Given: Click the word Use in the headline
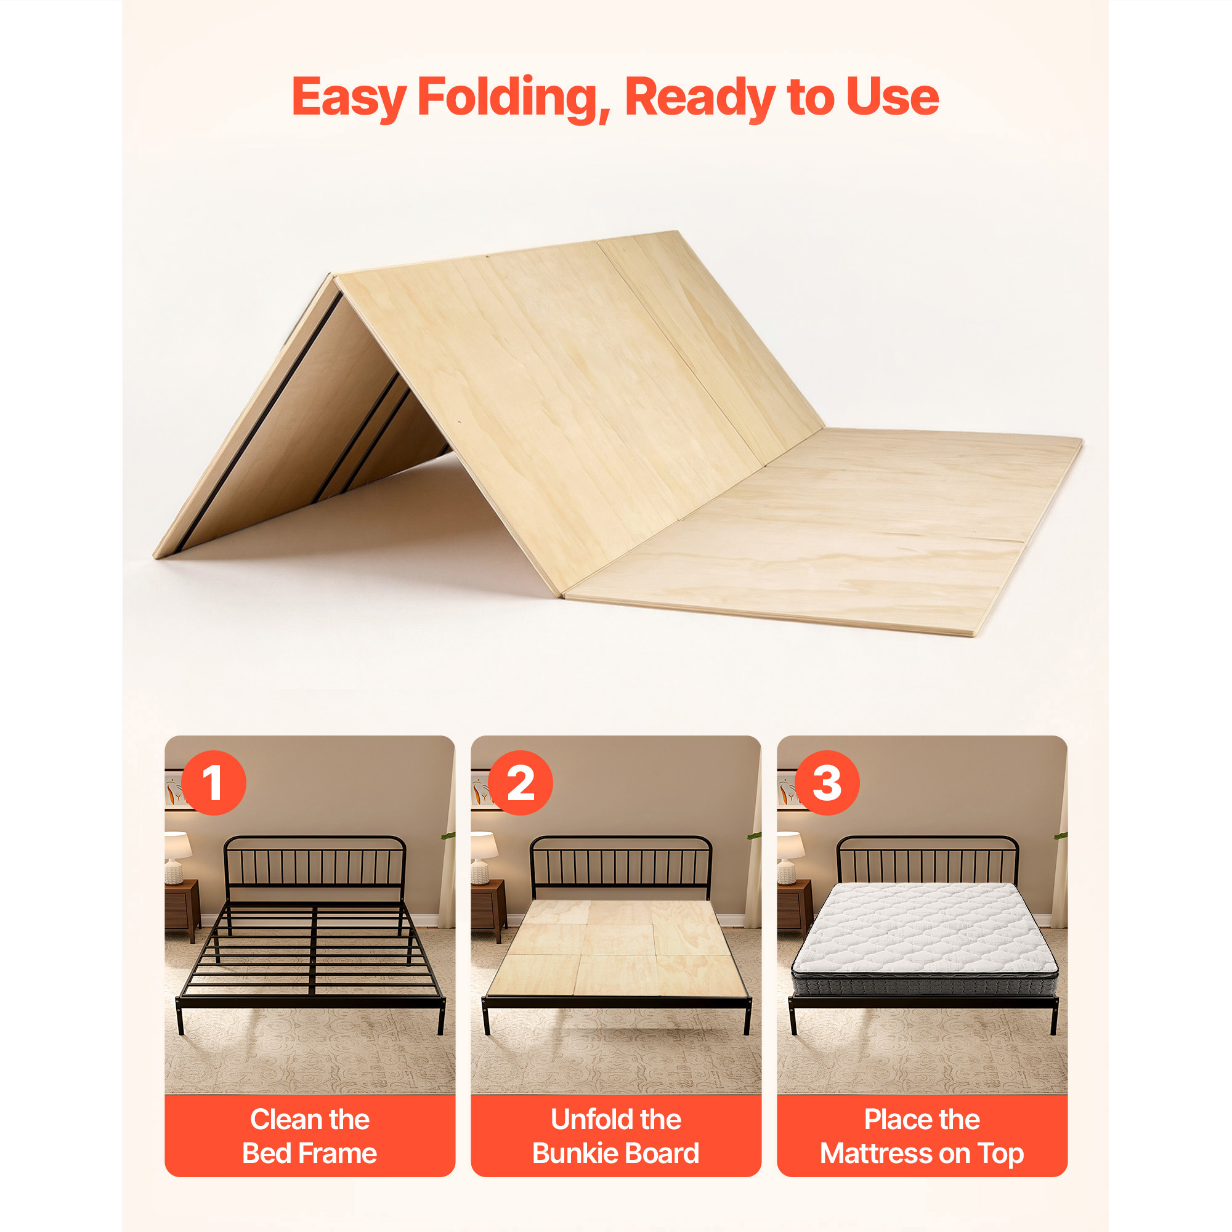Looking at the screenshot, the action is [x=893, y=97].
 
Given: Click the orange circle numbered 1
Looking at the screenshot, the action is [x=214, y=782].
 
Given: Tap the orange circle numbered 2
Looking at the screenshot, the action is [x=521, y=782].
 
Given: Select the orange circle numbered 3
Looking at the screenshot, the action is [x=827, y=782].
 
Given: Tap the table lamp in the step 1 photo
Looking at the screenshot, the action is [x=177, y=857].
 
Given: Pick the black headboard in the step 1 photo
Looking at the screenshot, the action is [x=315, y=867].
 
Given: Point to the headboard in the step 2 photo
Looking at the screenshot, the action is [x=621, y=867].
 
